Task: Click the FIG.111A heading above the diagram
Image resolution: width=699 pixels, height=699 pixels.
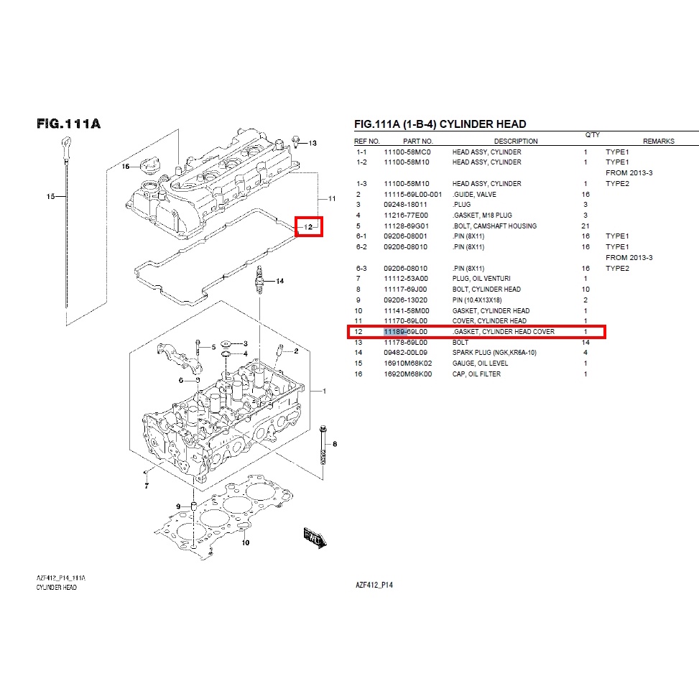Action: (69, 124)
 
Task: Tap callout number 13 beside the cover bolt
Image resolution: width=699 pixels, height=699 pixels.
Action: (313, 143)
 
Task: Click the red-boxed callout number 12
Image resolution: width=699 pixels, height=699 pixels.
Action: (308, 227)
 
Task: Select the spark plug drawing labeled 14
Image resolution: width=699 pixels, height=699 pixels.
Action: (259, 280)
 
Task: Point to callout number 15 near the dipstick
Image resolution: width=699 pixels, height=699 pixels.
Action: (50, 196)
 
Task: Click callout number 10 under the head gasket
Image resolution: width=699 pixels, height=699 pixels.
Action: (246, 542)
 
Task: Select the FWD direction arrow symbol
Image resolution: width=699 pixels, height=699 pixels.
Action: (315, 537)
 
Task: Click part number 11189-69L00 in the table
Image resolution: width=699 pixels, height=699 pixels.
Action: (406, 332)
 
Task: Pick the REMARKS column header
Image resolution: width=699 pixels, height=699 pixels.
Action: (659, 142)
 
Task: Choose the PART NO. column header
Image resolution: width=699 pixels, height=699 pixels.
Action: (418, 142)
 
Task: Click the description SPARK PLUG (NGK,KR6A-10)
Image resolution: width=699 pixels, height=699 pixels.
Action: (494, 353)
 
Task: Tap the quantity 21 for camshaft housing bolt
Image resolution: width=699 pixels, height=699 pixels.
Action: (585, 226)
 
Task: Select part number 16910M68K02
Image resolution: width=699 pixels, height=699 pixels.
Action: (408, 364)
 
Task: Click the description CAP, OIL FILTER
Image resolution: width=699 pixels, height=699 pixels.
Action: (476, 374)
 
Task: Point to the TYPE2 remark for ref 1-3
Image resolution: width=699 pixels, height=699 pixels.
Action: (617, 184)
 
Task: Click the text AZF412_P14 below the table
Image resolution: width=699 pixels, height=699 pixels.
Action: (374, 585)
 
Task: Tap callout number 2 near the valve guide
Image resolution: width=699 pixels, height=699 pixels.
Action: (297, 351)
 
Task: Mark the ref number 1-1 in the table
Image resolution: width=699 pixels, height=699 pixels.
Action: (361, 152)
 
